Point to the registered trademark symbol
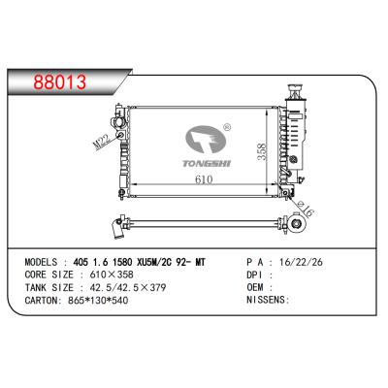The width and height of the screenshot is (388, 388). [x=226, y=126]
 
